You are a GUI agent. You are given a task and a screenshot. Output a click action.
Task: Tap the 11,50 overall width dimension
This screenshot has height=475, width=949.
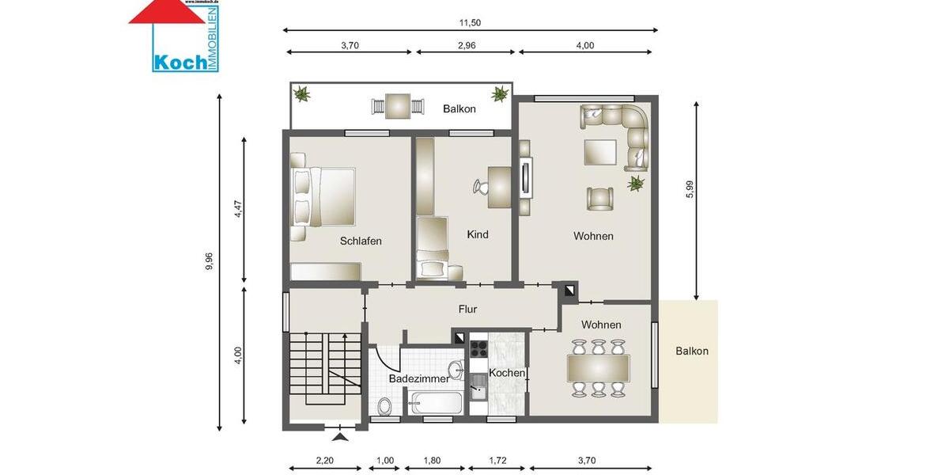(x=471, y=23)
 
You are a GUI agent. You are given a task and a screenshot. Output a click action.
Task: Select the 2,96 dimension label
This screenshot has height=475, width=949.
(x=466, y=45)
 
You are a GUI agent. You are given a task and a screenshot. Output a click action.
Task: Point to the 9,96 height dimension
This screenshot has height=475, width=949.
(x=210, y=262)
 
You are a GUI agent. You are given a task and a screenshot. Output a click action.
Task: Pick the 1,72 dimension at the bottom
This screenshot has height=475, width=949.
(x=497, y=460)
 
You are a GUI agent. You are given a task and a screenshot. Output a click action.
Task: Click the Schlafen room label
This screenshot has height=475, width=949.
(x=361, y=241)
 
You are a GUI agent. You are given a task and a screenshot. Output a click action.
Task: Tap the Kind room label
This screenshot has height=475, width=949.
(x=478, y=234)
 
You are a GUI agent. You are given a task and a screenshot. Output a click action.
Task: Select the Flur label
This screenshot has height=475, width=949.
(x=467, y=310)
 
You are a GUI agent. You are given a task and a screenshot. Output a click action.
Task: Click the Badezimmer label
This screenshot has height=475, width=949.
(x=418, y=379)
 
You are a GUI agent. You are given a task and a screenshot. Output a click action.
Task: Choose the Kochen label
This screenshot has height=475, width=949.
(x=507, y=373)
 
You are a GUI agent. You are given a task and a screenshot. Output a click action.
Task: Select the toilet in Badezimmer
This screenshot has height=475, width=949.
(x=385, y=406)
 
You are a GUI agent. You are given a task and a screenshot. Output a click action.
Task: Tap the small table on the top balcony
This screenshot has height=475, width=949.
(x=398, y=105)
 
